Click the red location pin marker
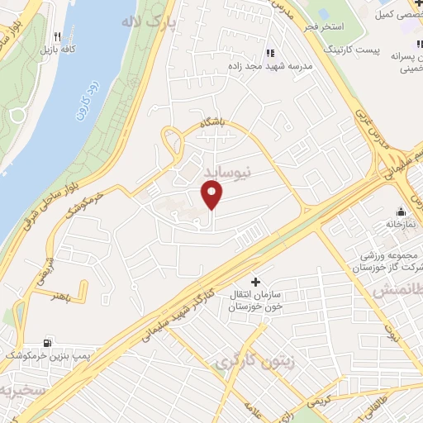[213, 195]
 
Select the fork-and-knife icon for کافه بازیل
[56, 37]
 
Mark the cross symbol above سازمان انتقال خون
[255, 282]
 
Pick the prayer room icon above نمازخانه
[401, 211]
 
